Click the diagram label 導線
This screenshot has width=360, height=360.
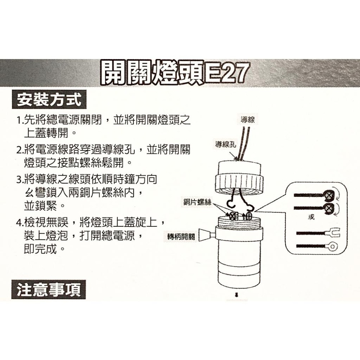(248, 120)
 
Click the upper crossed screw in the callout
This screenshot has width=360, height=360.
(329, 195)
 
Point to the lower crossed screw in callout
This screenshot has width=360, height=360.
(329, 208)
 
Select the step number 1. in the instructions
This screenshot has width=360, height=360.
(21, 120)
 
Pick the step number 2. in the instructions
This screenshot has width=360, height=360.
(21, 149)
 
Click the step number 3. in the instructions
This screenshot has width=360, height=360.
(21, 179)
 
